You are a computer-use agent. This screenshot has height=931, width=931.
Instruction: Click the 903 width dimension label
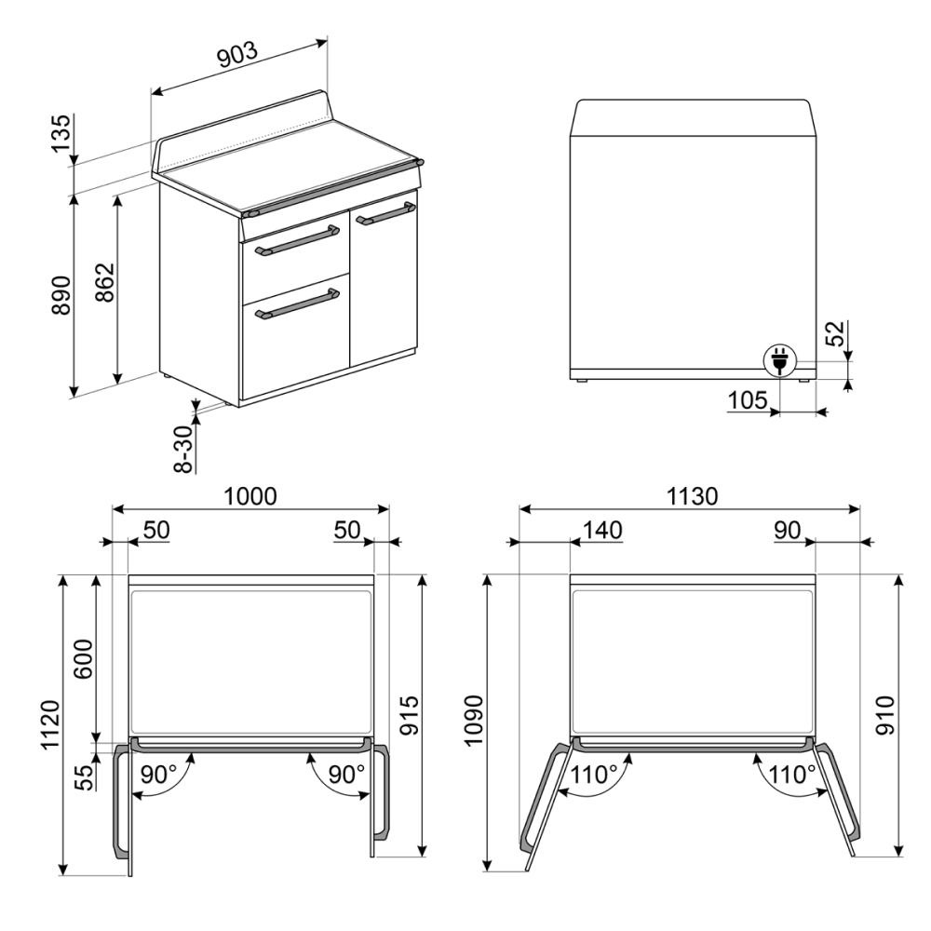[x=237, y=55]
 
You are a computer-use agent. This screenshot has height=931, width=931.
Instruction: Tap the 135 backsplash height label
[x=61, y=133]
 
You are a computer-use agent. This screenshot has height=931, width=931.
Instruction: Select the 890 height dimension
[x=61, y=295]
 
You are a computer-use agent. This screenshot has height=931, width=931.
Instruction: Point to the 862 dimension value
[x=104, y=282]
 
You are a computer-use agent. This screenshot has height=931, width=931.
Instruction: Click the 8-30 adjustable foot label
[x=184, y=450]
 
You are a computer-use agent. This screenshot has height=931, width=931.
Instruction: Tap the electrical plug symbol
[x=778, y=360]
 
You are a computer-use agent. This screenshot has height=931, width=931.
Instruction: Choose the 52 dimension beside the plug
[x=835, y=333]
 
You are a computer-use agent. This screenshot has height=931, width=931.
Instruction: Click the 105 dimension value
[x=748, y=400]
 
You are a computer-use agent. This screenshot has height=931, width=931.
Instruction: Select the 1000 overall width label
[x=250, y=496]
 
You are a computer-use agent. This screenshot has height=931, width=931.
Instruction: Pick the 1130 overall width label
[x=693, y=496]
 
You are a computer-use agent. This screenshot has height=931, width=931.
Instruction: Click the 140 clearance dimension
[x=602, y=530]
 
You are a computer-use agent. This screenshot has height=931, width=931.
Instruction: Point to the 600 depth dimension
[x=84, y=659]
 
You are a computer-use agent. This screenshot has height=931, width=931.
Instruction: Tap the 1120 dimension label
[x=50, y=725]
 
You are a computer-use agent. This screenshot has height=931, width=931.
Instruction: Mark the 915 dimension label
[x=409, y=715]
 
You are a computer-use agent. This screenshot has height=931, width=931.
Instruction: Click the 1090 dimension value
[x=475, y=721]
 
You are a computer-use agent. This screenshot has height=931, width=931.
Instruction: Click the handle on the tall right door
[x=385, y=214]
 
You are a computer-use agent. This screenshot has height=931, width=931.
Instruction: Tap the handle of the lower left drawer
[x=297, y=304]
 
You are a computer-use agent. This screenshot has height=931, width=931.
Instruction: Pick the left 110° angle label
[x=595, y=775]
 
